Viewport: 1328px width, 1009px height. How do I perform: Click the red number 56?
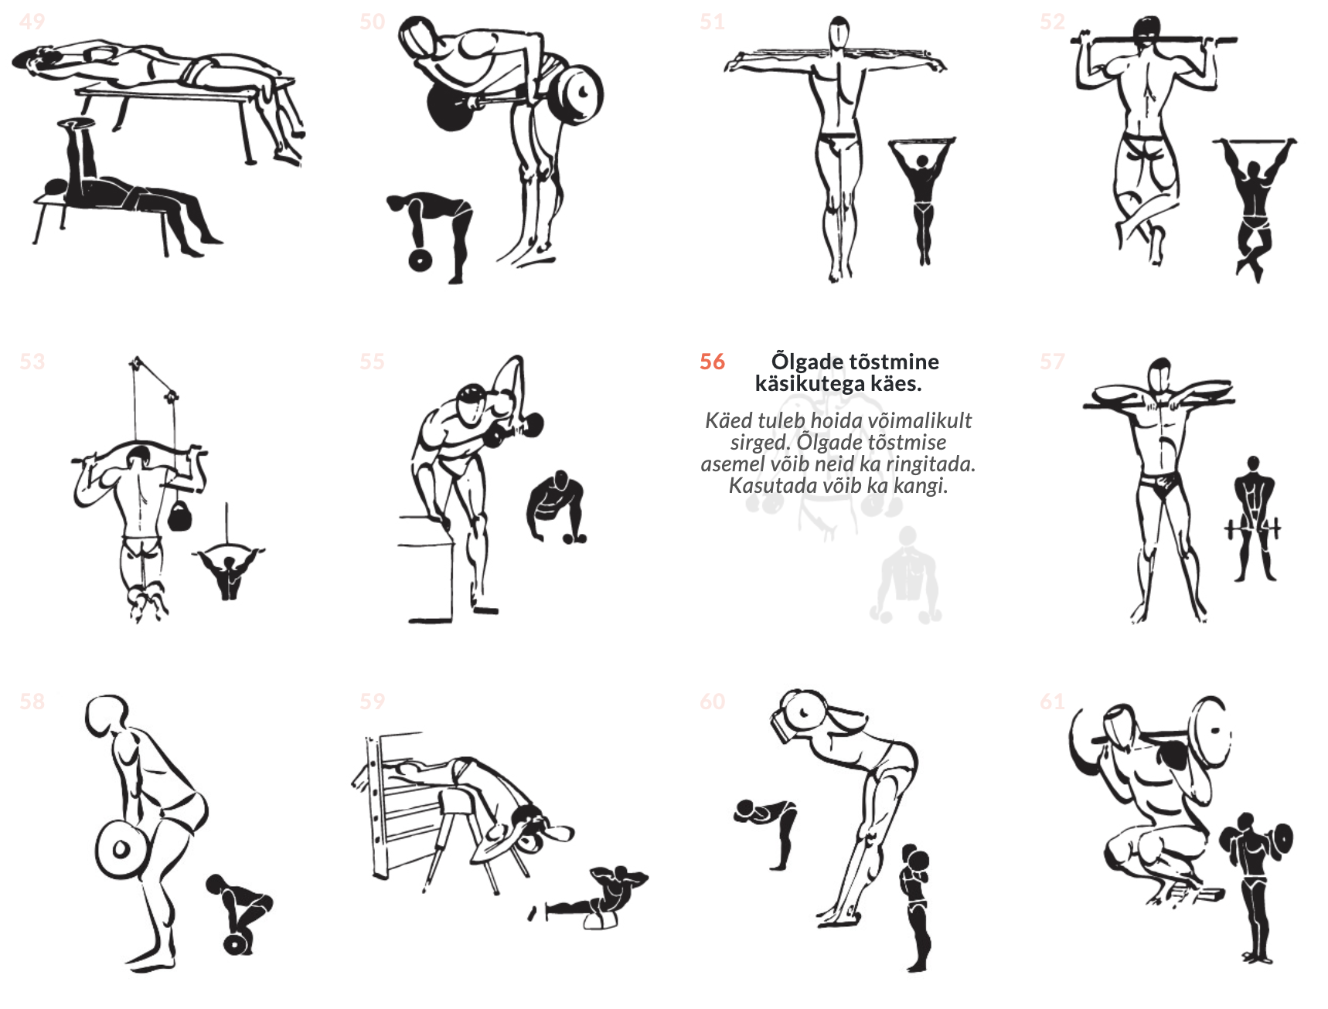click(712, 362)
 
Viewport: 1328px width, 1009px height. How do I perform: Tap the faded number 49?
click(32, 22)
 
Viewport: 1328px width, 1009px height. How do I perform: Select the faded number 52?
click(1052, 22)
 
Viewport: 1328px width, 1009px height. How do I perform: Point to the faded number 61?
click(1052, 702)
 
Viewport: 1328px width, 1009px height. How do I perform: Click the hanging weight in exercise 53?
click(179, 515)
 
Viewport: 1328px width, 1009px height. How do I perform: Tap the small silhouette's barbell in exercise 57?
click(1252, 528)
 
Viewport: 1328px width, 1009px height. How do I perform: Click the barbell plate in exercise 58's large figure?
click(121, 849)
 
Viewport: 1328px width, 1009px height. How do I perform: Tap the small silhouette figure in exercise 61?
click(1254, 887)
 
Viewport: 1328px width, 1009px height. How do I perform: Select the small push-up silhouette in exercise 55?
click(555, 507)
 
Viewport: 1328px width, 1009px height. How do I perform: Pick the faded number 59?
click(372, 702)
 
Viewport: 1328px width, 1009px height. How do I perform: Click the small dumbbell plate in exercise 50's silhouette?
click(420, 260)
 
